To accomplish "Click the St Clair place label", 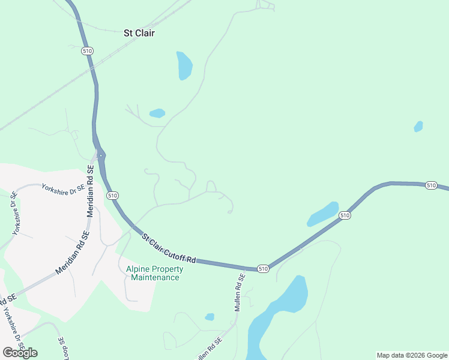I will pos(139,33).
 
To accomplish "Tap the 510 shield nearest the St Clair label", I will pos(88,51).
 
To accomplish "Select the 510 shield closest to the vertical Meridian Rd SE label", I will pos(112,196).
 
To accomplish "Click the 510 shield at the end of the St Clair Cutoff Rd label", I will pos(262,268).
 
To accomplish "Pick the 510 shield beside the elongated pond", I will pos(344,215).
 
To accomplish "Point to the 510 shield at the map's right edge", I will pos(431,185).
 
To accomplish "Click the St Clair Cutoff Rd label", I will pos(169,248).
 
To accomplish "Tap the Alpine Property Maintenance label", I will pos(155,273).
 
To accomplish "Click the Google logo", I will pos(20,352).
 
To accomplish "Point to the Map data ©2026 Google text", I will pos(412,355).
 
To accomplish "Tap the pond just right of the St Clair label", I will pos(184,65).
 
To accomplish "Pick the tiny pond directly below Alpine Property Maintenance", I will pos(209,317).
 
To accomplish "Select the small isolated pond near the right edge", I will pos(418,127).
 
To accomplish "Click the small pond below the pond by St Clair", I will pos(157,113).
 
